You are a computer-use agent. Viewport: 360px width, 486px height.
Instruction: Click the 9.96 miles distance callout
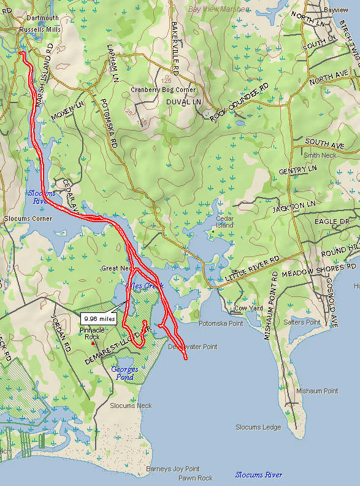click(98, 319)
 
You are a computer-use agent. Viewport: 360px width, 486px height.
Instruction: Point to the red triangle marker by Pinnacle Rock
click(94, 343)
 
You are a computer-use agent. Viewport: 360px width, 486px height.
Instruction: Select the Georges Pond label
click(125, 373)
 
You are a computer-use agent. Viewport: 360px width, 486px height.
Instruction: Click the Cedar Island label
click(224, 222)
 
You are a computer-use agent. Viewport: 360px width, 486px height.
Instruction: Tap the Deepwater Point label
click(193, 347)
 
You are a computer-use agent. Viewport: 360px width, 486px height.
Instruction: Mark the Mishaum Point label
click(317, 391)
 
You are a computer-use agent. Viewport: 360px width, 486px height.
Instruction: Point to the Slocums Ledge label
click(259, 427)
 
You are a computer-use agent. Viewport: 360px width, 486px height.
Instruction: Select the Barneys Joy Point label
click(173, 469)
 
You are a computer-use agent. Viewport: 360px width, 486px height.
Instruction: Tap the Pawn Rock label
click(196, 478)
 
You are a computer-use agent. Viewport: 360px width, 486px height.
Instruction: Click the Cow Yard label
click(249, 308)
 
